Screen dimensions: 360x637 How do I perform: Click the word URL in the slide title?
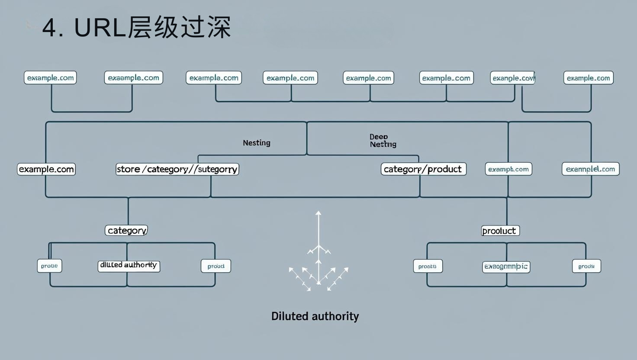(x=100, y=28)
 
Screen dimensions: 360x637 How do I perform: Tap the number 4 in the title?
(x=50, y=28)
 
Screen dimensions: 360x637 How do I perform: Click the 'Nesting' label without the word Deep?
(x=257, y=143)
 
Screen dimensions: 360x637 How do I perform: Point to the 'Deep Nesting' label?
(x=383, y=141)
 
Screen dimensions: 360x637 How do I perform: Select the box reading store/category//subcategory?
(x=177, y=169)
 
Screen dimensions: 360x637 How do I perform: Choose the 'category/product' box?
(x=423, y=169)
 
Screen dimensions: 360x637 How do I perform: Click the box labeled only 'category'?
(x=126, y=230)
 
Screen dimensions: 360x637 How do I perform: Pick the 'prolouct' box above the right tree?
(x=500, y=231)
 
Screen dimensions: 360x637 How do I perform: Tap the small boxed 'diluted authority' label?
(x=129, y=266)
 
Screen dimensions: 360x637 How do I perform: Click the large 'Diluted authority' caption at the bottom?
(x=315, y=316)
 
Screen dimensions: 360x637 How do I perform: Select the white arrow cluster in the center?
(x=318, y=255)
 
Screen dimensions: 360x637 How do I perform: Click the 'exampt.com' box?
(x=508, y=169)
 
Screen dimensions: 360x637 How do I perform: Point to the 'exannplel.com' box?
(x=590, y=169)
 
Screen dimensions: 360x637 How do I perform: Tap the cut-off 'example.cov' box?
(x=513, y=78)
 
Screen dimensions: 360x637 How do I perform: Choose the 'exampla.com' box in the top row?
(x=214, y=78)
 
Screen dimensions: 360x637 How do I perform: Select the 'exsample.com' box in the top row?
(x=133, y=78)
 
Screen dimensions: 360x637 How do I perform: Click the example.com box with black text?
(x=46, y=169)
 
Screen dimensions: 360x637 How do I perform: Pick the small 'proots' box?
(x=428, y=266)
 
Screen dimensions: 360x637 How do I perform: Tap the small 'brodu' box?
(x=586, y=266)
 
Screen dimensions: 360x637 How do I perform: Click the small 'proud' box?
(x=216, y=266)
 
